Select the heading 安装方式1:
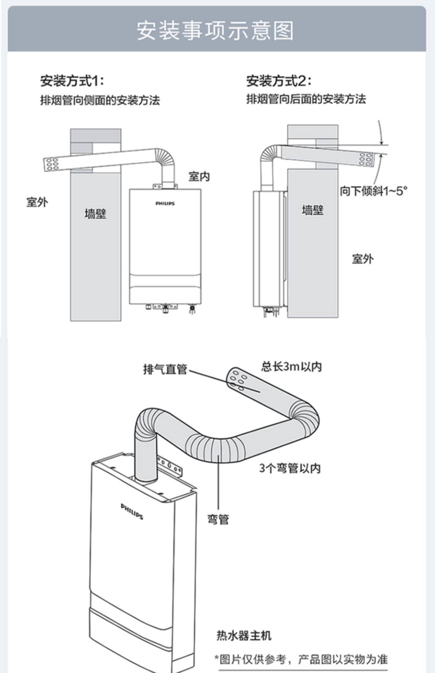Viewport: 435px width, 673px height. coord(72,81)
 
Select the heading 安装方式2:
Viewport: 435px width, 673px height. coord(279,81)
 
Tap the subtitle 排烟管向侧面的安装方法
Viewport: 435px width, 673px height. coord(100,101)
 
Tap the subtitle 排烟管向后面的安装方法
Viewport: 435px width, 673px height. coord(306,99)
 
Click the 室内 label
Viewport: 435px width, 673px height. coord(199,176)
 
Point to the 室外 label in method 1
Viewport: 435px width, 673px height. coord(37,202)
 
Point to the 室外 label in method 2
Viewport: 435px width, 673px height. coord(362,259)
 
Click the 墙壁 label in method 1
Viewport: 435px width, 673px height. coord(95,214)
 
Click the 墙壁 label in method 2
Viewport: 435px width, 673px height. coord(312,210)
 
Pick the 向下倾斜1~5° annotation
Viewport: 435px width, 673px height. coord(374,191)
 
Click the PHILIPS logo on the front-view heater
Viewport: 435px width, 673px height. coord(165,203)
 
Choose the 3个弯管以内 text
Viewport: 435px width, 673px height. coord(290,468)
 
